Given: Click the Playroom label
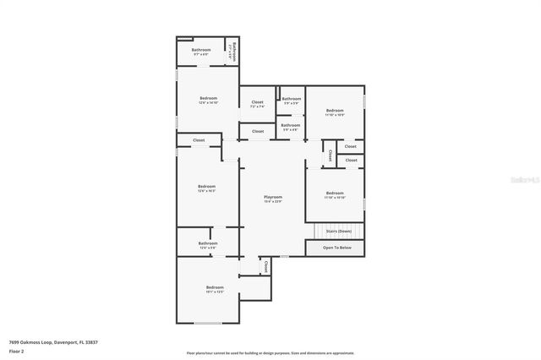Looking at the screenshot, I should click(x=272, y=197).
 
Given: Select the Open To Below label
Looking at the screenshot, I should click(x=336, y=248).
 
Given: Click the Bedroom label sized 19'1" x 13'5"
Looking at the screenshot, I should click(x=215, y=288).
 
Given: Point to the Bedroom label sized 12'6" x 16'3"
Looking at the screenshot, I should click(x=207, y=187).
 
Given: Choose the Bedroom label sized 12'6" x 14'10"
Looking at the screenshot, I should click(x=208, y=99).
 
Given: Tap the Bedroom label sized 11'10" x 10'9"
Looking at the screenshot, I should click(x=335, y=111).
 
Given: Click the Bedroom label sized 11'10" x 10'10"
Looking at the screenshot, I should click(x=335, y=194).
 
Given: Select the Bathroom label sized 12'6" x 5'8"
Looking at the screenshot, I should click(x=208, y=243).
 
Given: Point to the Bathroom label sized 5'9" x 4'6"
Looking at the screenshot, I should click(x=291, y=126).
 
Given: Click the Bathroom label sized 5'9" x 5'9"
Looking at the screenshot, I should click(x=291, y=100).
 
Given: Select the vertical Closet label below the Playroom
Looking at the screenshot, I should click(x=266, y=266).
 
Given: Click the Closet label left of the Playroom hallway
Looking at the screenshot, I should click(x=199, y=139).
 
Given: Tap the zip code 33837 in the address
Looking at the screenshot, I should click(x=90, y=341).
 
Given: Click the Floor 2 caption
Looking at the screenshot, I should click(x=16, y=351).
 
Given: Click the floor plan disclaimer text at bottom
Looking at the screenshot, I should click(x=270, y=353).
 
